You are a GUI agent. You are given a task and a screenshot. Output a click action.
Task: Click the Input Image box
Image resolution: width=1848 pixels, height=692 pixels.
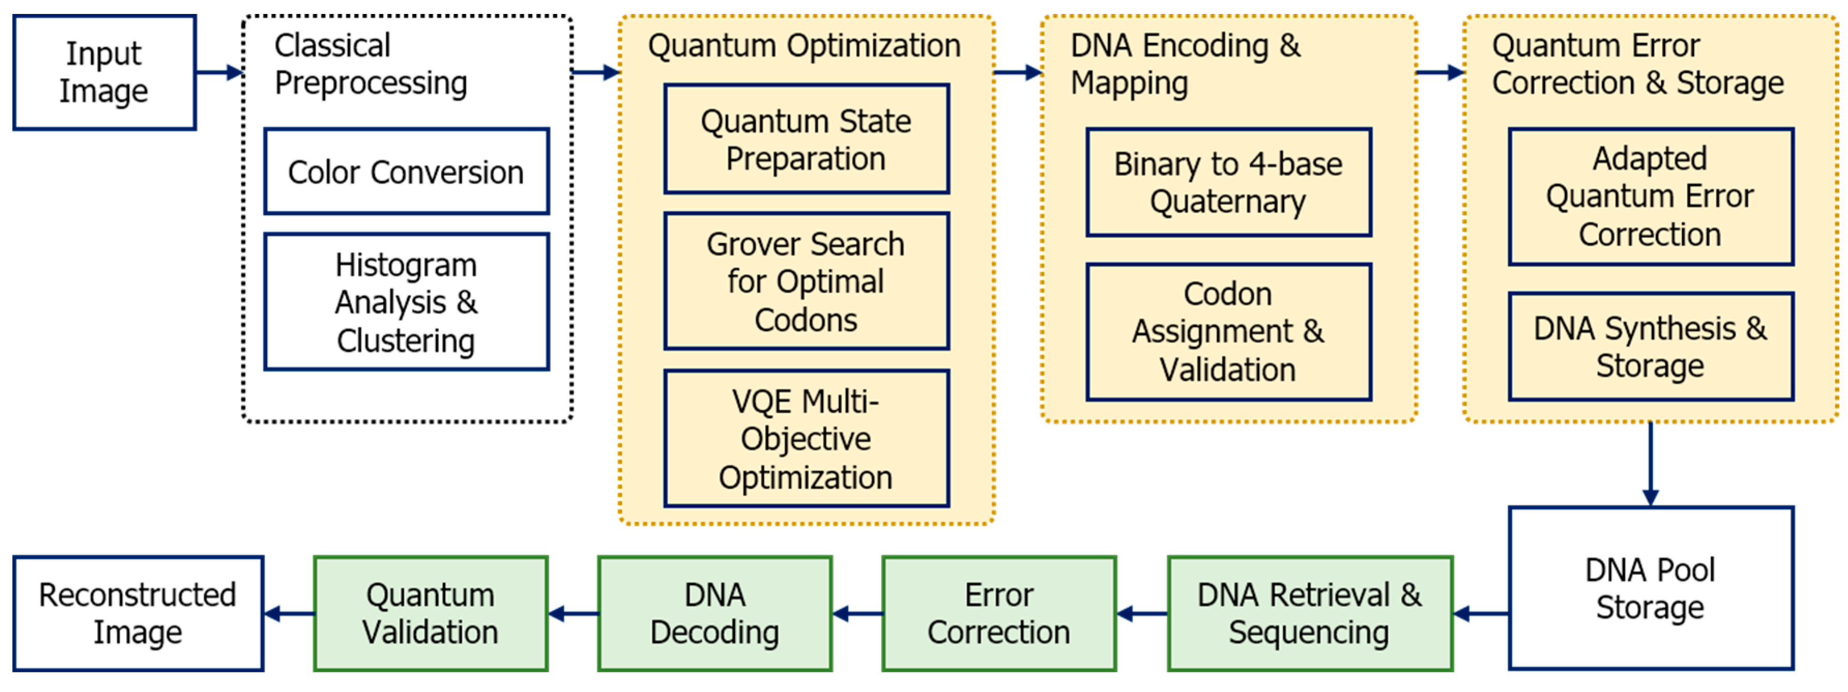(x=104, y=72)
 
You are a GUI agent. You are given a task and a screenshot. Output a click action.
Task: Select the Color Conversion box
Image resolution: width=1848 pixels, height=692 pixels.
(x=406, y=171)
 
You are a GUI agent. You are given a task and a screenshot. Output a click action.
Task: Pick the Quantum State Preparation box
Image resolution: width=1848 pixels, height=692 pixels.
(x=806, y=139)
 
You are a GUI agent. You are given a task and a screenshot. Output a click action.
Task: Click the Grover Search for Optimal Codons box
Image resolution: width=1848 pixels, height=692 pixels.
(x=806, y=281)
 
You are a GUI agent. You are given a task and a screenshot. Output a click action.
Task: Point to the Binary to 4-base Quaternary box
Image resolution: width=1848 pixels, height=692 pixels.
(x=1228, y=182)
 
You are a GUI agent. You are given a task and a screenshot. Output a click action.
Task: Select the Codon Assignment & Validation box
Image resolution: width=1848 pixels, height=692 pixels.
(x=1228, y=332)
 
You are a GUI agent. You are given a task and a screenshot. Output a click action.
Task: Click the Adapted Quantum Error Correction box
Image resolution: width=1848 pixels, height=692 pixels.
(x=1650, y=197)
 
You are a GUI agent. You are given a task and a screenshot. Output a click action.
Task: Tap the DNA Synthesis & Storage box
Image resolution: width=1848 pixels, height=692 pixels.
(x=1650, y=347)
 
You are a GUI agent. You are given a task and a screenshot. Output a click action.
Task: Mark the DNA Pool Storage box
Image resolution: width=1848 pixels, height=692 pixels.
(x=1650, y=588)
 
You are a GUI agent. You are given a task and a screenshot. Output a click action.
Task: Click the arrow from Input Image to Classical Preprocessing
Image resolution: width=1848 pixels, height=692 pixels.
(x=219, y=72)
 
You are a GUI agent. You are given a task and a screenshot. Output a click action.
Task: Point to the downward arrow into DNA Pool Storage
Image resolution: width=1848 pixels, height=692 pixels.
(x=1650, y=464)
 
